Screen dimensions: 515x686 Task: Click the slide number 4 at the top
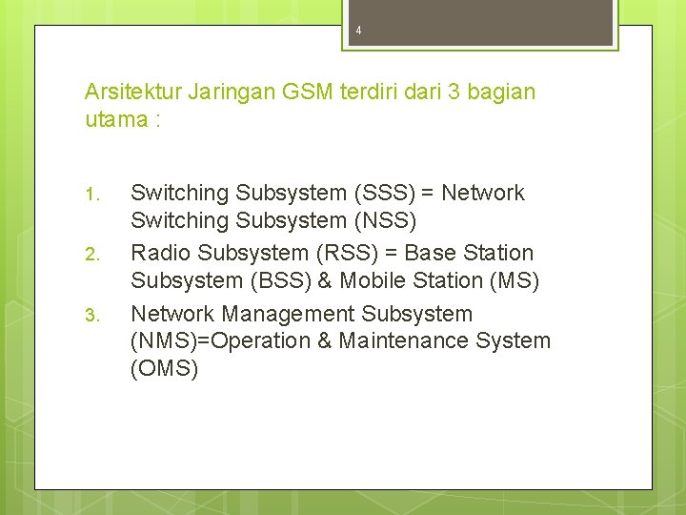358,31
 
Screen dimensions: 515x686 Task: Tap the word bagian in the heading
502,93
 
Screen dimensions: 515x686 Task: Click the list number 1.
91,195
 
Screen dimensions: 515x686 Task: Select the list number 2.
91,255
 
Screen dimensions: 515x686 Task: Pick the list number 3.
91,315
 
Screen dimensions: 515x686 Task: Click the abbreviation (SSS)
384,194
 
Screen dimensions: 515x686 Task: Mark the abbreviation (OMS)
164,368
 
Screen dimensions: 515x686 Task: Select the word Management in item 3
288,314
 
